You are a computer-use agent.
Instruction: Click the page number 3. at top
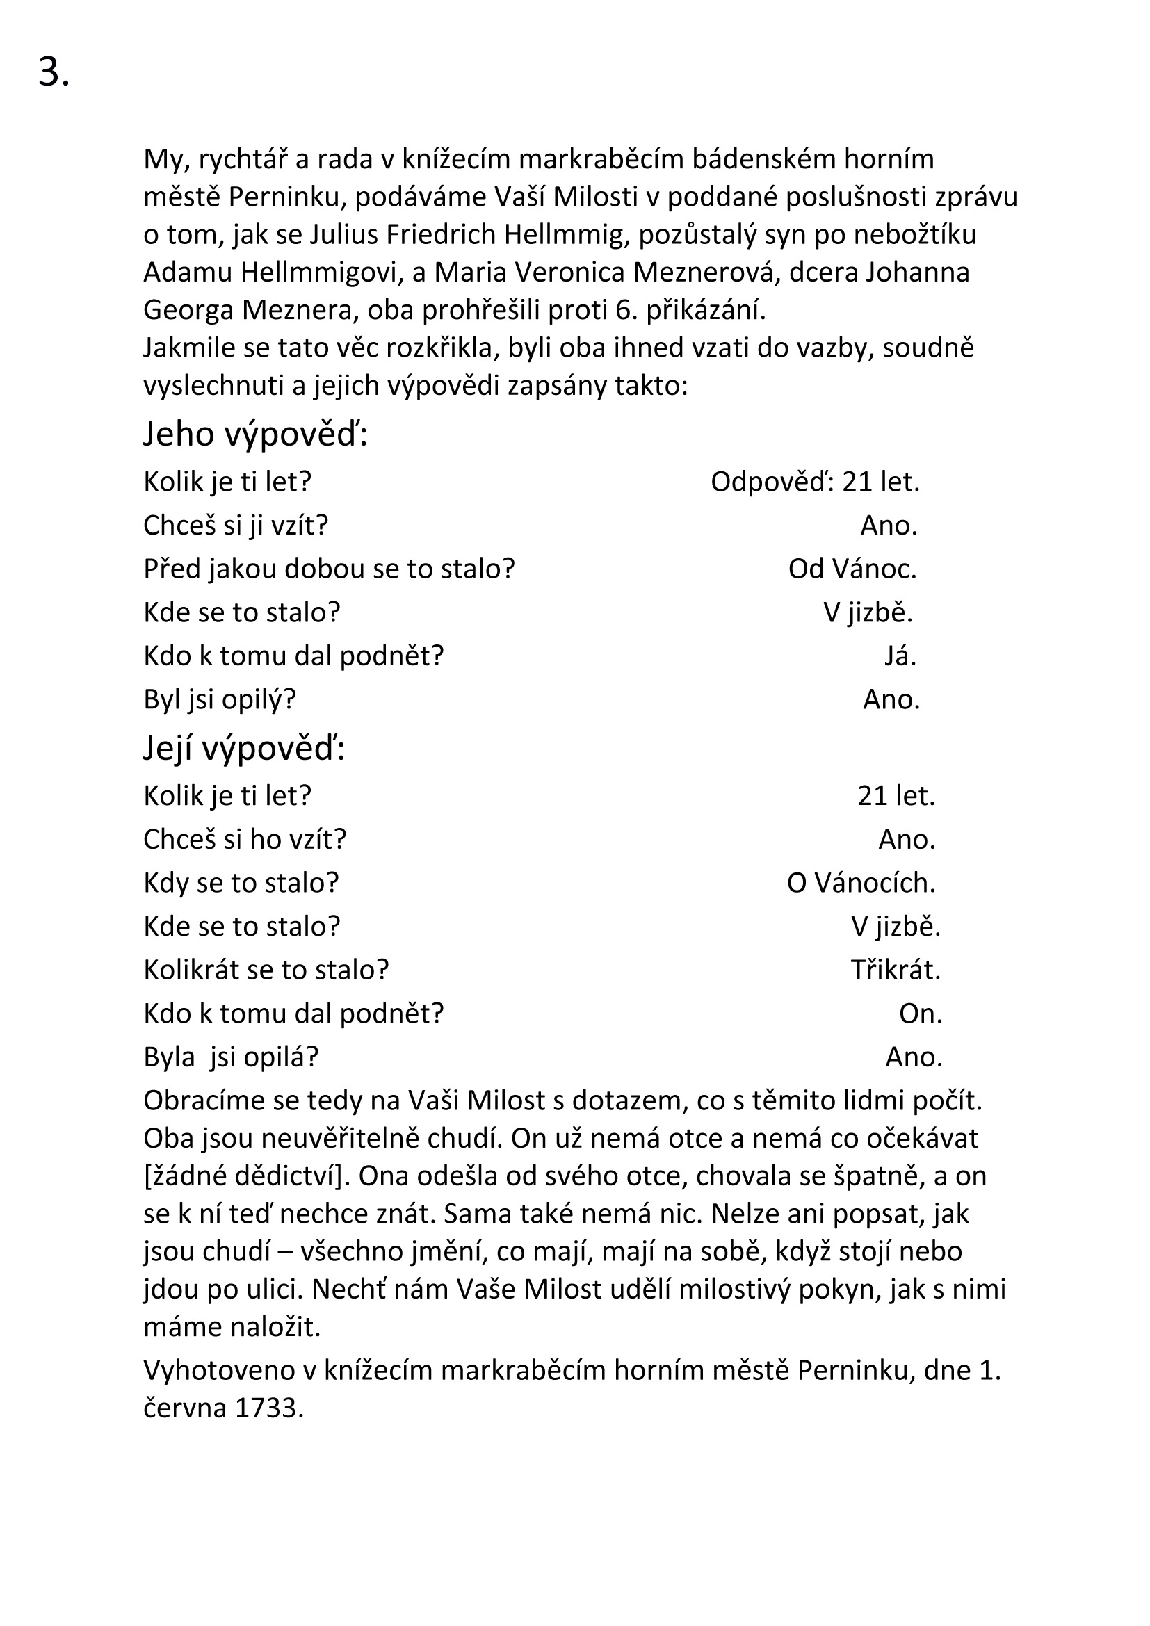click(x=54, y=72)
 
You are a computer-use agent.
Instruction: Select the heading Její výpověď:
click(x=244, y=748)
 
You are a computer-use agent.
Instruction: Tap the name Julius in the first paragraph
click(x=344, y=234)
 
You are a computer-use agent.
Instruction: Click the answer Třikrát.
click(x=896, y=970)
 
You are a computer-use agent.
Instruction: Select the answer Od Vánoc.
click(x=852, y=569)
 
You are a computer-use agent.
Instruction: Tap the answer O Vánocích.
click(x=861, y=882)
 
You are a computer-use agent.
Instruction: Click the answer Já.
click(x=900, y=656)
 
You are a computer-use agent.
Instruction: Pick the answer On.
click(x=921, y=1014)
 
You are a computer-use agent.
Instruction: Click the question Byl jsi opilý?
click(x=220, y=700)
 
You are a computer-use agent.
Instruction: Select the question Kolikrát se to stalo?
click(x=266, y=970)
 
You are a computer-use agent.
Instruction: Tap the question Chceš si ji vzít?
click(x=236, y=526)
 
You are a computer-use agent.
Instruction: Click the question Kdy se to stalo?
click(x=241, y=882)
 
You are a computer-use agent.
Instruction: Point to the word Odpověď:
click(x=772, y=482)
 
